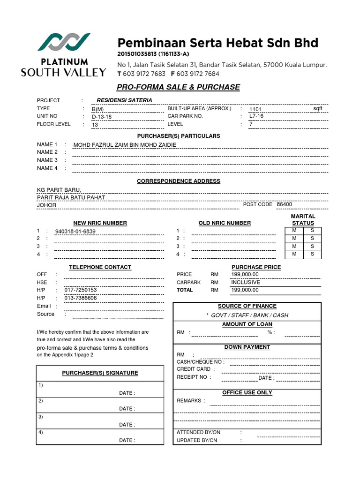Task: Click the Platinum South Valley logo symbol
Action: [x=64, y=43]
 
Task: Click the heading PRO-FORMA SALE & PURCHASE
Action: [x=178, y=87]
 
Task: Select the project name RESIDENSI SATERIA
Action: [x=124, y=100]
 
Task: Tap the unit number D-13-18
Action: [x=102, y=117]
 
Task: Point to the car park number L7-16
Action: [x=256, y=116]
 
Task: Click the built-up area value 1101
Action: [x=255, y=109]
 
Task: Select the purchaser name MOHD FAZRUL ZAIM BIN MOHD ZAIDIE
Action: [x=125, y=145]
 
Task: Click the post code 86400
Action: [x=284, y=204]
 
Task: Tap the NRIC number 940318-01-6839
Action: [x=75, y=232]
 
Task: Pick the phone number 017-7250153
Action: [x=81, y=290]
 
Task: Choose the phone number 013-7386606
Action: [x=81, y=298]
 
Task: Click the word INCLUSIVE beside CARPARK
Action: [x=246, y=283]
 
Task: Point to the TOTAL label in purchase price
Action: [x=185, y=290]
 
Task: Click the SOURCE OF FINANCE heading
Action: [x=247, y=306]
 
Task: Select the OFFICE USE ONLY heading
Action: [x=247, y=392]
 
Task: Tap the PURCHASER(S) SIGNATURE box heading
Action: [x=100, y=373]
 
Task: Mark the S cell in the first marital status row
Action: [x=312, y=230]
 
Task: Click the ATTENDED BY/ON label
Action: [x=198, y=432]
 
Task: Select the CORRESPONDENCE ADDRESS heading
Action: [x=178, y=181]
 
